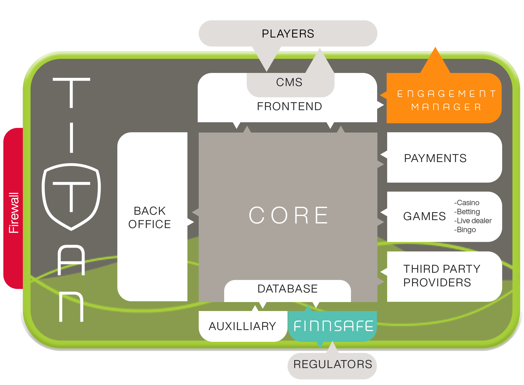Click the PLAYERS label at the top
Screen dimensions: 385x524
pyautogui.click(x=288, y=34)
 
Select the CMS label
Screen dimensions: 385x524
pyautogui.click(x=289, y=82)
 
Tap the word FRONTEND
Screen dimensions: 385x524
pyautogui.click(x=289, y=106)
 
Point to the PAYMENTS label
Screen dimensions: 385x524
pyautogui.click(x=435, y=158)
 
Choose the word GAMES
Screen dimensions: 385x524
pyautogui.click(x=424, y=216)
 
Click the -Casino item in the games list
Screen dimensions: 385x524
pyautogui.click(x=467, y=203)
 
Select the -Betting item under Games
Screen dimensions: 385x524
pyautogui.click(x=467, y=212)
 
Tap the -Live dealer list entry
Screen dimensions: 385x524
pyautogui.click(x=473, y=221)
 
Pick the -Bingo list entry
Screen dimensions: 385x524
pyautogui.click(x=465, y=230)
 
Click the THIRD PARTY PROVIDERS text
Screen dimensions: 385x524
pyautogui.click(x=442, y=276)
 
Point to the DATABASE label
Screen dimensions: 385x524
pyautogui.click(x=288, y=289)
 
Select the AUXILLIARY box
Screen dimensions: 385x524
pyautogui.click(x=242, y=326)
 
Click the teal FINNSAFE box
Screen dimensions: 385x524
pyautogui.click(x=333, y=326)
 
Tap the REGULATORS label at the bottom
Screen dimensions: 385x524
pyautogui.click(x=333, y=364)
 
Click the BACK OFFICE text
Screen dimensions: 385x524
pyautogui.click(x=150, y=218)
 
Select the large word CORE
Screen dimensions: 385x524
pyautogui.click(x=289, y=215)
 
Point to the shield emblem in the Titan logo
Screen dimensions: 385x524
pyautogui.click(x=71, y=197)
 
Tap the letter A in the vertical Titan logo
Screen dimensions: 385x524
pyautogui.click(x=71, y=260)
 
